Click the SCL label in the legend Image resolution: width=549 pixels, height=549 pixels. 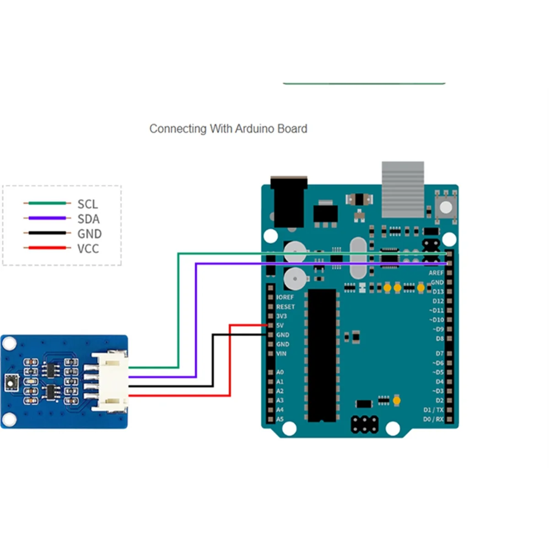pyautogui.click(x=87, y=204)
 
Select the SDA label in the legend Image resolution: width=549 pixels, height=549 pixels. pyautogui.click(x=88, y=219)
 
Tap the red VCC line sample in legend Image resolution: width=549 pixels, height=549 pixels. pyautogui.click(x=47, y=248)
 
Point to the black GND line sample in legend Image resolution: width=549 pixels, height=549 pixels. pyautogui.click(x=47, y=233)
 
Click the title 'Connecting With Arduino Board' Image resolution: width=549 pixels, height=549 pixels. pyautogui.click(x=228, y=129)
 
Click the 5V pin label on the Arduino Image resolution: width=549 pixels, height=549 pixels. pyautogui.click(x=280, y=325)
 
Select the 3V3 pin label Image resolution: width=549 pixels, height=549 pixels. pyautogui.click(x=281, y=316)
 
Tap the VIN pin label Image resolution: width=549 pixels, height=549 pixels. pyautogui.click(x=281, y=354)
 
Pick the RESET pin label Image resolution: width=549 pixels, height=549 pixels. pyautogui.click(x=285, y=307)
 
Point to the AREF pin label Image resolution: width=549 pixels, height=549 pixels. pyautogui.click(x=436, y=273)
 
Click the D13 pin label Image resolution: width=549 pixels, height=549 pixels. pyautogui.click(x=438, y=291)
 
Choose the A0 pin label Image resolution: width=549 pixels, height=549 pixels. pyautogui.click(x=280, y=372)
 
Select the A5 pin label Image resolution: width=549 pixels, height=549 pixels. pyautogui.click(x=280, y=419)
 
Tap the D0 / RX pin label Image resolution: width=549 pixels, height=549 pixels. pyautogui.click(x=433, y=419)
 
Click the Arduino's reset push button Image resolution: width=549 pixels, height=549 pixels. pyautogui.click(x=445, y=205)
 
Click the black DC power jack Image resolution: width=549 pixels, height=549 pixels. pyautogui.click(x=289, y=201)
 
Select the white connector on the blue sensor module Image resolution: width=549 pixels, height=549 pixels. pyautogui.click(x=110, y=381)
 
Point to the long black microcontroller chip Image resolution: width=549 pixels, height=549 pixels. pyautogui.click(x=322, y=355)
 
